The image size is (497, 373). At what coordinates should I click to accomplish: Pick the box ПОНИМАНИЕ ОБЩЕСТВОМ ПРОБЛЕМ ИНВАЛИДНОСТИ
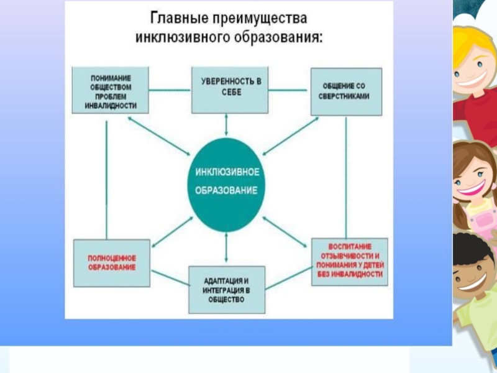111,91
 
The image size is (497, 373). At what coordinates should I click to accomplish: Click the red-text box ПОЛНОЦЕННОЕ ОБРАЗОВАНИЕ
112,262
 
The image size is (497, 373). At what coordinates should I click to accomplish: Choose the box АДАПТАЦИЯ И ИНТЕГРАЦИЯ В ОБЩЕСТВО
226,290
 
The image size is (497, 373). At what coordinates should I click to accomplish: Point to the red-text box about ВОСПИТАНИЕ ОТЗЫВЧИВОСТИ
349,261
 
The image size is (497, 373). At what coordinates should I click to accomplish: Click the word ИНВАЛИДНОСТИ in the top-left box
111,106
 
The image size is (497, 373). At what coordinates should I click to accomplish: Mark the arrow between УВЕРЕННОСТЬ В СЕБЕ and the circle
226,125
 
